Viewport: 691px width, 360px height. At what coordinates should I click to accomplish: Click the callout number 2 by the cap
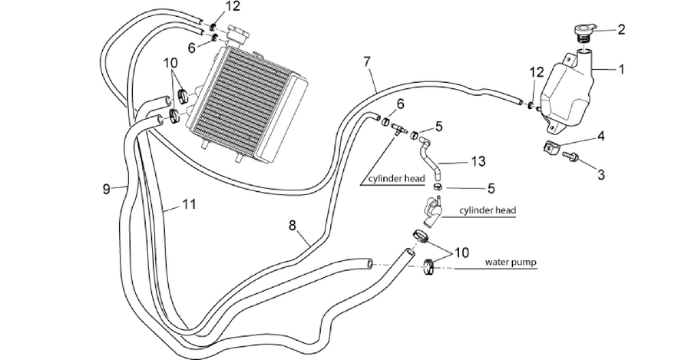tap(621, 29)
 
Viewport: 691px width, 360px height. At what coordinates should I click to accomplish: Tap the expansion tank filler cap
tap(584, 33)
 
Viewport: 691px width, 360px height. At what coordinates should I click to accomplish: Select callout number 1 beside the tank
tap(621, 69)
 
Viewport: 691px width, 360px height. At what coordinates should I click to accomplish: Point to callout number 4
tap(600, 137)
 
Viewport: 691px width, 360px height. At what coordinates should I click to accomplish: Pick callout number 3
tap(601, 174)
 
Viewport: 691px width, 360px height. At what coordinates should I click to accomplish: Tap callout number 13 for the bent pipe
tap(478, 161)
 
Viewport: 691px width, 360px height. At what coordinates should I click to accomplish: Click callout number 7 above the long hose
tap(367, 62)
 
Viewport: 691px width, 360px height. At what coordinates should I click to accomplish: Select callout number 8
tap(293, 226)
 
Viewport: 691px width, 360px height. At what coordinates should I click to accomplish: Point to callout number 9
tap(106, 190)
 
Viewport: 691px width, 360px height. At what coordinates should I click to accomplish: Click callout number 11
tap(189, 204)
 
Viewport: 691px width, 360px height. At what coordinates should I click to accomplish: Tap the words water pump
tap(511, 263)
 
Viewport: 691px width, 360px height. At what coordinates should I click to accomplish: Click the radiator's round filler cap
tap(238, 34)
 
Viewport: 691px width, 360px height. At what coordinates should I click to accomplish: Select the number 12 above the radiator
tap(233, 7)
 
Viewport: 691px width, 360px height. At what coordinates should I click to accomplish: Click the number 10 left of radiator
tap(171, 63)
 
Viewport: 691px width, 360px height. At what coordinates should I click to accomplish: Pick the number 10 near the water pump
tap(462, 253)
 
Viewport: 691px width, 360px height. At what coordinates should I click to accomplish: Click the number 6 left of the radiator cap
tap(191, 48)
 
